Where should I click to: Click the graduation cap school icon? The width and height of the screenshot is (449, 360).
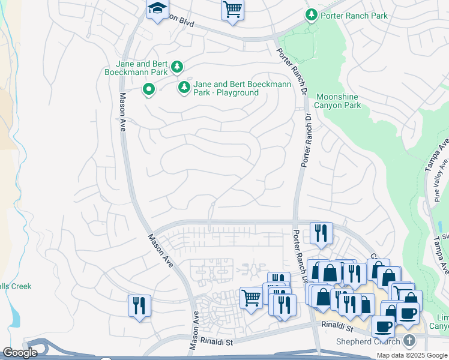click(x=157, y=9)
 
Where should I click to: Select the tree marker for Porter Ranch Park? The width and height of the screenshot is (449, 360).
click(x=312, y=14)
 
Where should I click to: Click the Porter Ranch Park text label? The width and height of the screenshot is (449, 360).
click(x=355, y=16)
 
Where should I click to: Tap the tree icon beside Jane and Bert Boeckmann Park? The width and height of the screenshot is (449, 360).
click(x=176, y=67)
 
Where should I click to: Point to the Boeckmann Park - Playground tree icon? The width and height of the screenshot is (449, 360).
click(x=184, y=88)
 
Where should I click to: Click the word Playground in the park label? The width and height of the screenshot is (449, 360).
click(x=234, y=93)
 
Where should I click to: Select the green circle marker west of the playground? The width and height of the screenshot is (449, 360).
click(x=148, y=90)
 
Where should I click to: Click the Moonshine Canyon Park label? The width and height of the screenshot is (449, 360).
click(x=339, y=101)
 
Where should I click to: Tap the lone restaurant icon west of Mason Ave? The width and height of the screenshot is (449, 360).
click(x=139, y=305)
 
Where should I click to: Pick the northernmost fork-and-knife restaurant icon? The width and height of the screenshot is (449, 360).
click(x=321, y=233)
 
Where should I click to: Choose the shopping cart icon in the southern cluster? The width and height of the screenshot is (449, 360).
click(x=251, y=298)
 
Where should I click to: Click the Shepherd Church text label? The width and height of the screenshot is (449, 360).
click(x=367, y=342)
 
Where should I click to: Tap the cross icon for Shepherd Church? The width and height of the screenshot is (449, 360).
click(x=409, y=341)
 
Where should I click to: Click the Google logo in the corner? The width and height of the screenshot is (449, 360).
click(x=20, y=353)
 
